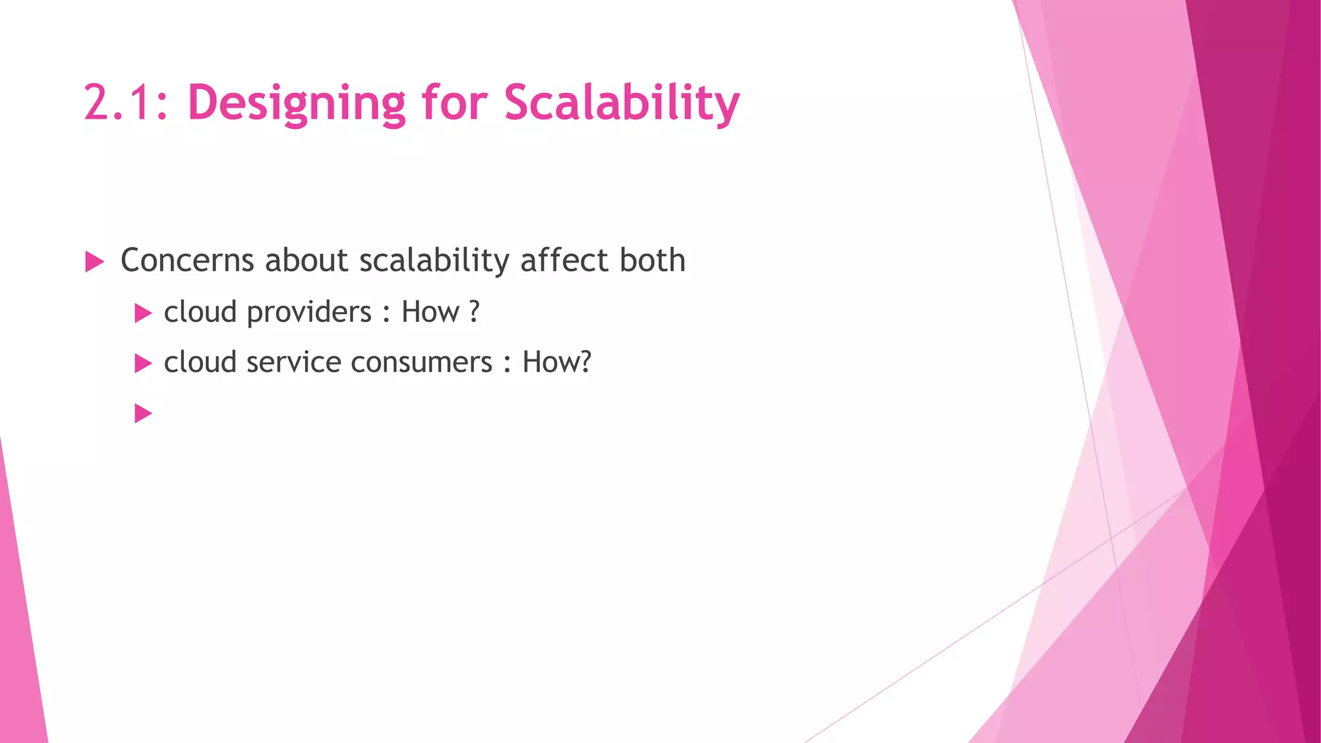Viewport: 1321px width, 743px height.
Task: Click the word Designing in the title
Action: coord(296,103)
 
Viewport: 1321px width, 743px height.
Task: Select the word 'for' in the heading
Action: coord(454,103)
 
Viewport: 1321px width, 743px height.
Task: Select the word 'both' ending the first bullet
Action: coord(652,261)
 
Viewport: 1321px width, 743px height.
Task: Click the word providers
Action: coord(310,313)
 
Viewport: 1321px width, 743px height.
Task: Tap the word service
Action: coord(296,362)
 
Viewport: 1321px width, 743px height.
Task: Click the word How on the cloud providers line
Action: coord(430,313)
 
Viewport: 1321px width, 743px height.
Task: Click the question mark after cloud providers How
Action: coord(475,313)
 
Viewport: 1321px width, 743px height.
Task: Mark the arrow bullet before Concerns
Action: coord(94,263)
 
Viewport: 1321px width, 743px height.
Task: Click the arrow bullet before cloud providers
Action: coord(143,314)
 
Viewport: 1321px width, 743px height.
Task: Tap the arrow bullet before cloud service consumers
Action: coord(143,364)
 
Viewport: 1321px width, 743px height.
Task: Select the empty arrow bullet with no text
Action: coord(143,413)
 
